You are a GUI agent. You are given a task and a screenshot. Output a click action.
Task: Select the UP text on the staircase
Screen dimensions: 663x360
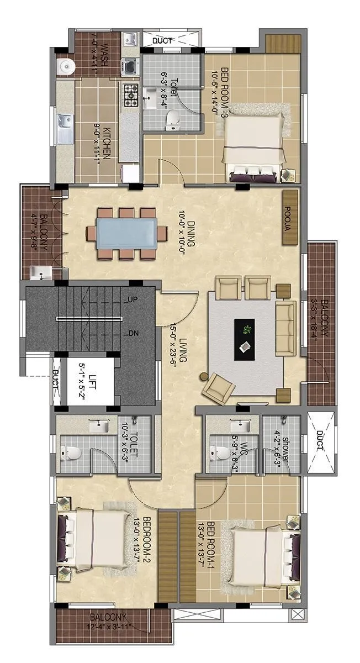133,300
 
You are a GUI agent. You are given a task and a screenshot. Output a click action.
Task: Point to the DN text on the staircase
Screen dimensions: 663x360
133,333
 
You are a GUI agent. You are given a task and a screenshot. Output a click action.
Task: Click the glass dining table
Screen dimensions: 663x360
127,234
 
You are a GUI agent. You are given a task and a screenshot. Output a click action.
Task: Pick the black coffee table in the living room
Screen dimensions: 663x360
245,339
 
